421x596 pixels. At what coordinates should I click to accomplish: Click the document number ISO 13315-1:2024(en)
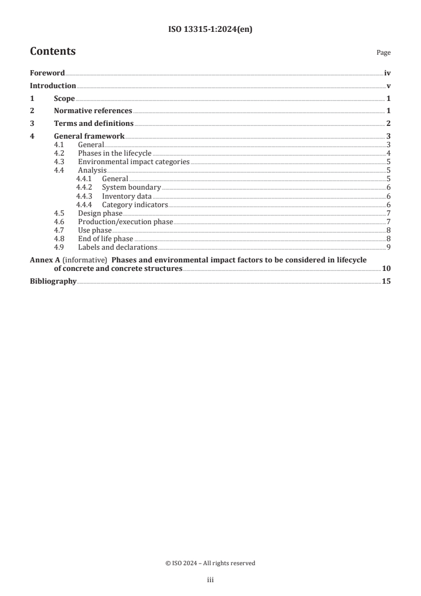[210, 30]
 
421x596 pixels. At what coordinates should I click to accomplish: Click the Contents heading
[53, 52]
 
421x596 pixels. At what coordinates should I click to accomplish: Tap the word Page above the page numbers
[383, 53]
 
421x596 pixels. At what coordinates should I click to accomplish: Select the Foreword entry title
[47, 73]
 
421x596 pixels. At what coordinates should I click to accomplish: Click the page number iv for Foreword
[388, 73]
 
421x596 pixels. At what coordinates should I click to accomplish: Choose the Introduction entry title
[53, 86]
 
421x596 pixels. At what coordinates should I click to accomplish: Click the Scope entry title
[64, 98]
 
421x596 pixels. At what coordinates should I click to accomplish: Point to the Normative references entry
[93, 111]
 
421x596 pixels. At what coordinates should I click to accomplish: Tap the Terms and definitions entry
[93, 124]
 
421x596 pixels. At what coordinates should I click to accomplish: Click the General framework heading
[89, 137]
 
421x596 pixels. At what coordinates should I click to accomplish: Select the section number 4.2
[60, 153]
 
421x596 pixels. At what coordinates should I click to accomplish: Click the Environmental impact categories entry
[134, 161]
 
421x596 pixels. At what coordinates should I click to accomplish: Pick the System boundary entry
[131, 188]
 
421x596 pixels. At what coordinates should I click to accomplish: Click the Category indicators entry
[135, 205]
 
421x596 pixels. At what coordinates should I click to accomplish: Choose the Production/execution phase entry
[125, 222]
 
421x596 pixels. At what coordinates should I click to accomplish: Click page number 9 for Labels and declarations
[389, 247]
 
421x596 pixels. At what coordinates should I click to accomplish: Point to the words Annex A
[42, 260]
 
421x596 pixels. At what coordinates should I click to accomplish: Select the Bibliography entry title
[53, 281]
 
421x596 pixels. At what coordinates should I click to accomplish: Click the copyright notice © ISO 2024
[210, 563]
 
